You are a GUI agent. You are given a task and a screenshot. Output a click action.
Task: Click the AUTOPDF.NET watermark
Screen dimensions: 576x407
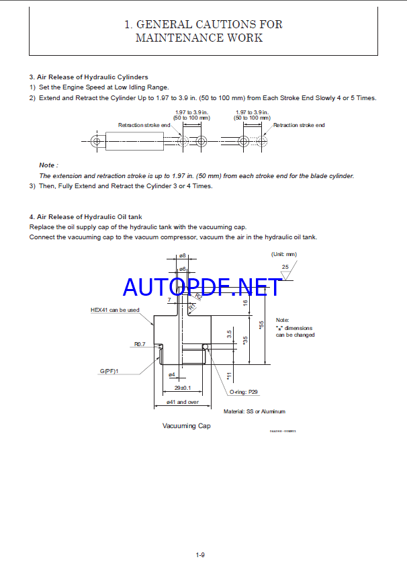(x=202, y=287)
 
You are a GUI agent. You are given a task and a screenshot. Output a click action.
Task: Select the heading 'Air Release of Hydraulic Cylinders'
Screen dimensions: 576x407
(x=92, y=77)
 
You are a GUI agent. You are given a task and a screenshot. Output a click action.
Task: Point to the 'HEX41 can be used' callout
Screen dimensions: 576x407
(x=115, y=310)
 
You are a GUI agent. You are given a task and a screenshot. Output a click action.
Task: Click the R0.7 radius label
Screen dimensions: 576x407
(x=139, y=344)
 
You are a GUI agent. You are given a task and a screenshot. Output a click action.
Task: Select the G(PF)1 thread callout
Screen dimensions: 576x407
(x=109, y=371)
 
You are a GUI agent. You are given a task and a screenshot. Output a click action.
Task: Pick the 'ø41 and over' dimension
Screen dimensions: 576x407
(x=183, y=402)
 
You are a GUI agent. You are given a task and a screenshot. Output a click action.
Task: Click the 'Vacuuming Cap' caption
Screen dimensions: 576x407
(x=186, y=425)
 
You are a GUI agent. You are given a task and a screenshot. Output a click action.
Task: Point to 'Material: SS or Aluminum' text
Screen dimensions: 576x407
(x=254, y=411)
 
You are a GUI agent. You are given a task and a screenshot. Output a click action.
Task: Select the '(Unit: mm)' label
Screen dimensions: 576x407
(x=283, y=254)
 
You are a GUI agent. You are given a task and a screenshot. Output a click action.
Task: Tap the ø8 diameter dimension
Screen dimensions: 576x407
(x=183, y=256)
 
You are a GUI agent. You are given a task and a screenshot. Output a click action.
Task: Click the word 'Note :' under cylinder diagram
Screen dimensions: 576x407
(x=48, y=165)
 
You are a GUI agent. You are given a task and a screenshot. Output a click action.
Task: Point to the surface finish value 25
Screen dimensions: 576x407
(x=285, y=267)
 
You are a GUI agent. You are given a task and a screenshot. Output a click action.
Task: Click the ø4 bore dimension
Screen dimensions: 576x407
(x=171, y=374)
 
